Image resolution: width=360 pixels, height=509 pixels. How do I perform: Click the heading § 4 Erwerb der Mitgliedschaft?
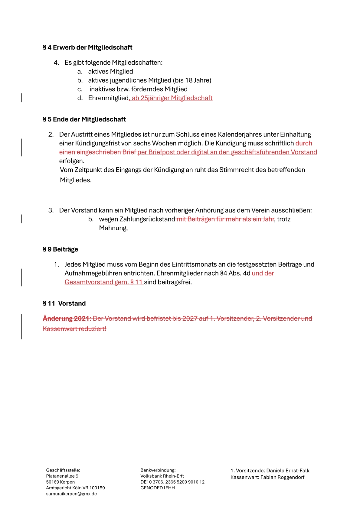coord(87,47)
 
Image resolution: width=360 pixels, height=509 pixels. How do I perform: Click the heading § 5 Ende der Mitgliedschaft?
coord(84,119)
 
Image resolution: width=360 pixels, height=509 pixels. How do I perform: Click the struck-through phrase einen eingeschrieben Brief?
coord(98,152)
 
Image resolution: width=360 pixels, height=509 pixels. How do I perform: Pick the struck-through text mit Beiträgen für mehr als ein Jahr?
coord(225,219)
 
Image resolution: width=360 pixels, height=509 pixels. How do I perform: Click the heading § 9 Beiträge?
coord(61,249)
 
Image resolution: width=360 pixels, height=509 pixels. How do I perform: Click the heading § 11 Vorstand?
coord(64,303)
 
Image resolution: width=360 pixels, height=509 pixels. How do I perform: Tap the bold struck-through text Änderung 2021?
coord(66,319)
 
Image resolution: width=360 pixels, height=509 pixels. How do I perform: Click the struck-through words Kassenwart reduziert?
coord(74,329)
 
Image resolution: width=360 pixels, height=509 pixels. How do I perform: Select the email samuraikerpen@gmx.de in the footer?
coord(71,494)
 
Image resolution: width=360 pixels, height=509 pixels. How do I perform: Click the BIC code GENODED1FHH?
coord(158,488)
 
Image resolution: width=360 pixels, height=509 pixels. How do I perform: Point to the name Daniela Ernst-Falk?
coord(288,471)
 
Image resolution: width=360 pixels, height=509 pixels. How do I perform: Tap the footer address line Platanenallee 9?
coord(62,476)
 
